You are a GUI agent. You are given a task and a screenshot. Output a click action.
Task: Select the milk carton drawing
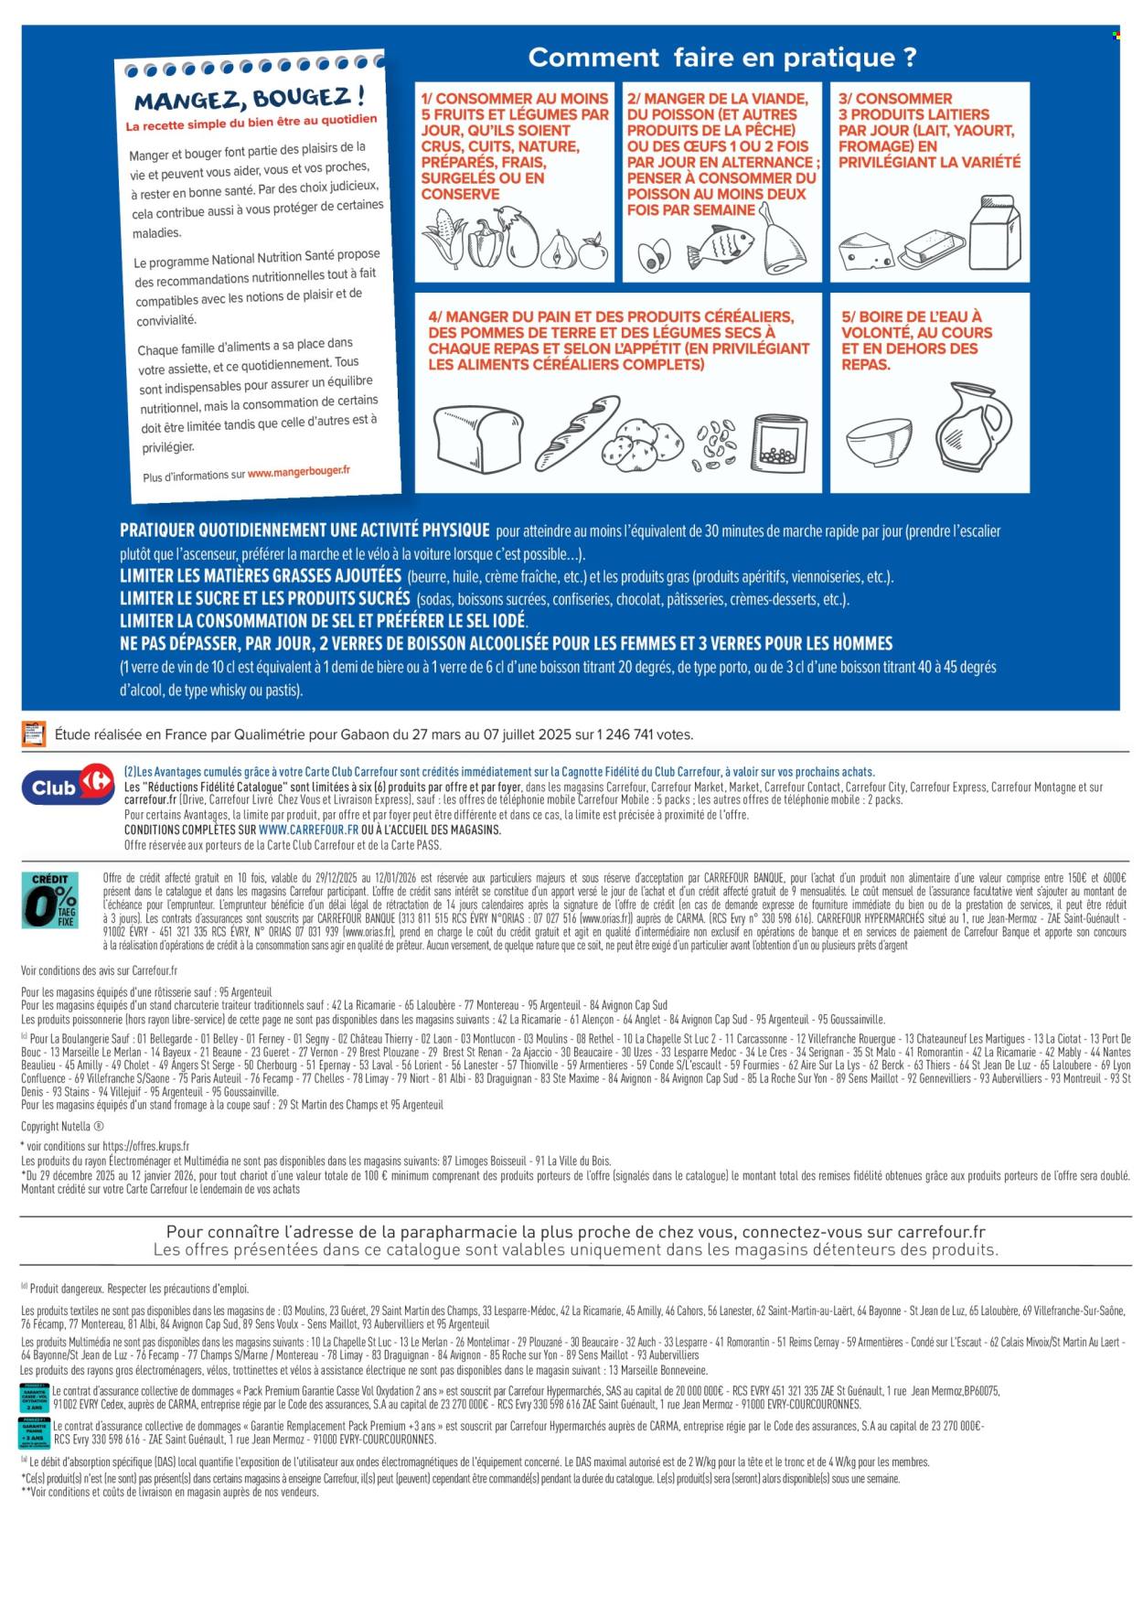point(994,233)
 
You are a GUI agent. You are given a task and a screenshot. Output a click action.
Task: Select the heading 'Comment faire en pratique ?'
point(721,58)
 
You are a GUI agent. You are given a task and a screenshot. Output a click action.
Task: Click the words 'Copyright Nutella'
point(62,1127)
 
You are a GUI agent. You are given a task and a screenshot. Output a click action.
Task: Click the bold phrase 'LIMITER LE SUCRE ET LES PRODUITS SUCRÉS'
point(264,598)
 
